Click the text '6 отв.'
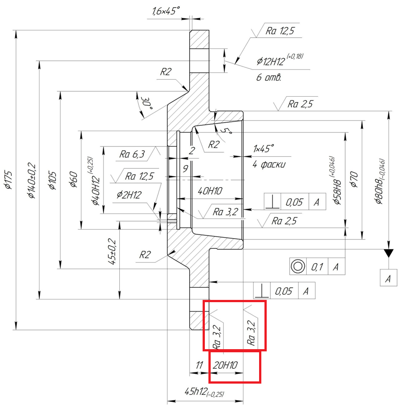point(269,77)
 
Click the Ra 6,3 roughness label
point(132,154)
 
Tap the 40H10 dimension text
point(211,191)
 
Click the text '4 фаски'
point(269,164)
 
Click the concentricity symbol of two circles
point(297,266)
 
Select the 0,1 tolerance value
point(317,267)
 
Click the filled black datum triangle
point(388,253)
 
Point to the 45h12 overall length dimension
point(204,392)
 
